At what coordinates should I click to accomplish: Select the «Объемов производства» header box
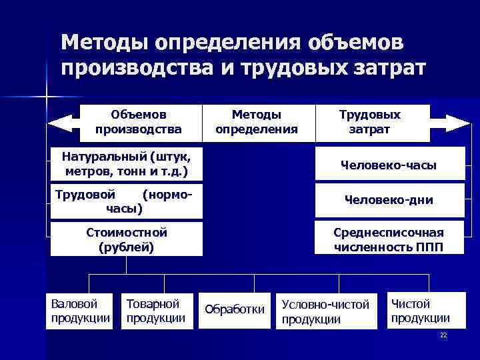point(139,122)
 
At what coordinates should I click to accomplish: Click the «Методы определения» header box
point(257,122)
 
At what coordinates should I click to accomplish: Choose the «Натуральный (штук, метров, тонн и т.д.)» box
point(126,164)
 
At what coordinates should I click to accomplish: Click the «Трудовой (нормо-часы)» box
point(126,201)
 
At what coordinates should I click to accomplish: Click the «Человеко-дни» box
point(389,200)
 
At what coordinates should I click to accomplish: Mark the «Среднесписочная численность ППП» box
point(389,239)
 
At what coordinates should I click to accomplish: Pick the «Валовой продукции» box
point(81,311)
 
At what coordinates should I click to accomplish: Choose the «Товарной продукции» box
point(156,311)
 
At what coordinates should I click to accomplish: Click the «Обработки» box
point(235,310)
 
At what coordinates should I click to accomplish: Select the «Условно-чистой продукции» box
point(326,311)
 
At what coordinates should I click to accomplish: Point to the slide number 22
point(443,335)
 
